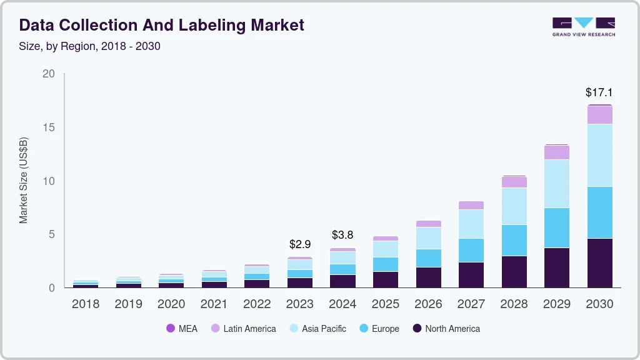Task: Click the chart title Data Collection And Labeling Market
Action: (x=161, y=25)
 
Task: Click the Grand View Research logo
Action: (x=583, y=27)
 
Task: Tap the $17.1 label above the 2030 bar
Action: (x=599, y=92)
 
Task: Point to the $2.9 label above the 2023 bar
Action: (x=299, y=244)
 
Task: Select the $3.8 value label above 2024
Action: (x=342, y=235)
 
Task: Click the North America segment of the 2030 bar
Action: (x=599, y=262)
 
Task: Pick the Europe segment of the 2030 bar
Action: (x=599, y=212)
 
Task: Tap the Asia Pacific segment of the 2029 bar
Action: (x=556, y=184)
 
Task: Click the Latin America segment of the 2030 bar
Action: (x=599, y=115)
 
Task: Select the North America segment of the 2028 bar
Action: (x=514, y=271)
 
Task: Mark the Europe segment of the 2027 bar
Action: (x=471, y=250)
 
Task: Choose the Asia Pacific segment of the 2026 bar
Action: (x=428, y=238)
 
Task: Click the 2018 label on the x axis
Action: (x=85, y=304)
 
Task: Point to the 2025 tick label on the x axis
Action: (x=385, y=304)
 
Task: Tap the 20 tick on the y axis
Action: (x=48, y=74)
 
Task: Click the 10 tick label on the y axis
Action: (x=48, y=181)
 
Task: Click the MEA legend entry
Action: (x=182, y=329)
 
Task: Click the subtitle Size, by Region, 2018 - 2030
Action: (x=89, y=46)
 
